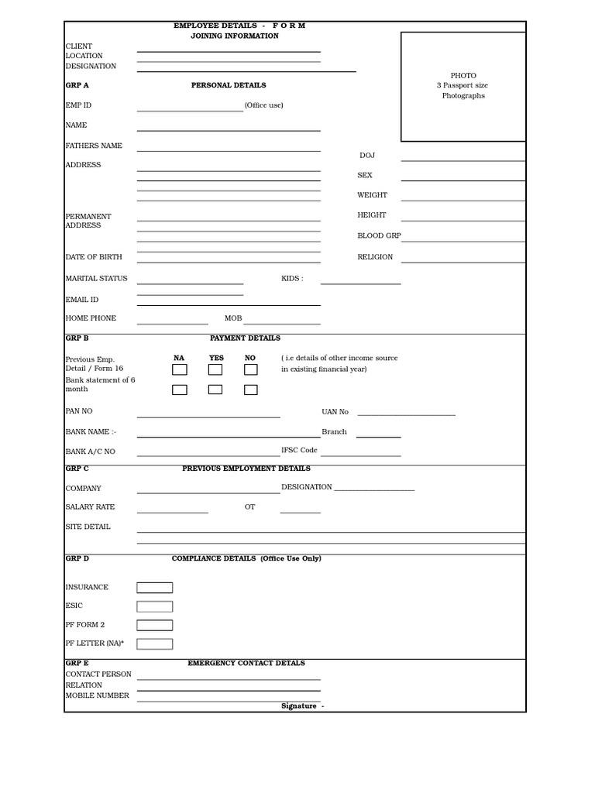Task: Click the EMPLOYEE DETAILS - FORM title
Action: click(239, 26)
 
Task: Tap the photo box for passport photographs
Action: click(463, 87)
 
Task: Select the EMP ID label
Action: click(78, 105)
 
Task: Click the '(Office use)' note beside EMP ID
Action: click(263, 105)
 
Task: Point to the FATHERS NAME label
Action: click(94, 146)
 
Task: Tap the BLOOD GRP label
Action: click(379, 236)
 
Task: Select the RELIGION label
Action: click(375, 257)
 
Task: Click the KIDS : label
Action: click(292, 279)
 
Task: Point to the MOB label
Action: click(233, 318)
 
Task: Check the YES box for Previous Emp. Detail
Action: click(215, 369)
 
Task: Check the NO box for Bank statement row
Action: click(250, 390)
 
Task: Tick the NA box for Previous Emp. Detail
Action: click(179, 369)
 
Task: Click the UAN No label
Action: click(335, 412)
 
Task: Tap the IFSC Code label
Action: click(299, 450)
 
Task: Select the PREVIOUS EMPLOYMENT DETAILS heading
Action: click(246, 469)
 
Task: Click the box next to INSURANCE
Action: click(155, 588)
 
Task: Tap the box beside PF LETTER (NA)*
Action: click(155, 644)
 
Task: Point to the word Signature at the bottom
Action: click(299, 706)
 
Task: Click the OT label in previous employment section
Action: click(249, 507)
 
